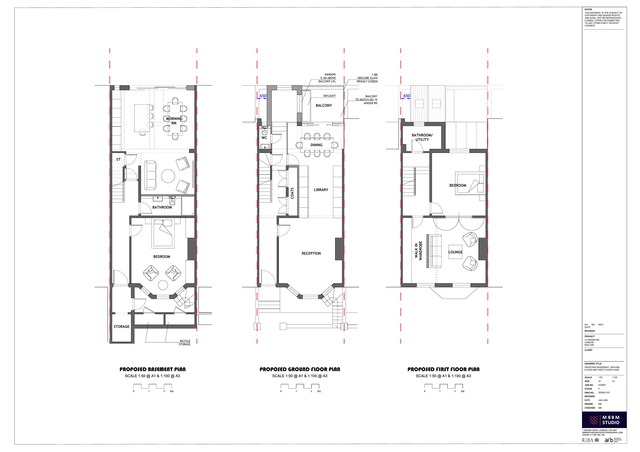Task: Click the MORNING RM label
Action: tap(174, 121)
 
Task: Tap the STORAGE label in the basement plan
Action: tap(122, 327)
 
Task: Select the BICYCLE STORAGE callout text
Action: tap(185, 343)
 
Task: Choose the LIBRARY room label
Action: tap(321, 190)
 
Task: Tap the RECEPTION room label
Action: tap(311, 253)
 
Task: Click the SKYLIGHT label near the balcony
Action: tap(329, 96)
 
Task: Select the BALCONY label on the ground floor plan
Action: tap(324, 105)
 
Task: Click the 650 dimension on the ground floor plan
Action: tap(263, 96)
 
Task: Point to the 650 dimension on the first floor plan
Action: tap(407, 96)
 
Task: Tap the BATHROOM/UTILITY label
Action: tap(422, 137)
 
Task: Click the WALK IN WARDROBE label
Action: tap(418, 250)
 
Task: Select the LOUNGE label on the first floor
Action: tap(455, 252)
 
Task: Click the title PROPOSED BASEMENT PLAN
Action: tap(153, 369)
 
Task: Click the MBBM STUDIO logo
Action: tap(604, 420)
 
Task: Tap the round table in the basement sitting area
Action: tap(168, 176)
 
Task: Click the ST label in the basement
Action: tap(118, 159)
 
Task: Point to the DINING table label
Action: tap(316, 145)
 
